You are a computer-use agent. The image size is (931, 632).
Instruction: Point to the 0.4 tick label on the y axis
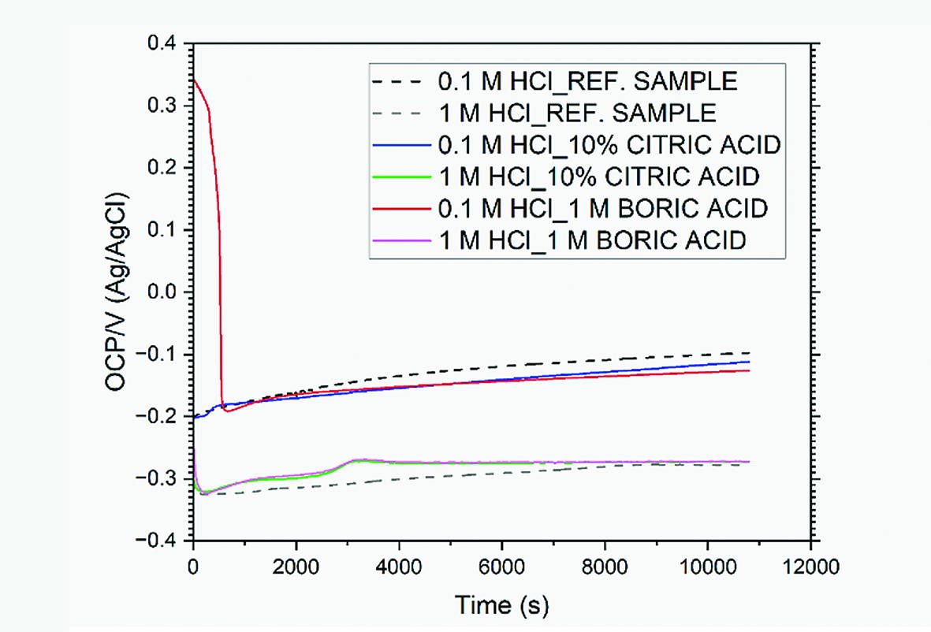[165, 44]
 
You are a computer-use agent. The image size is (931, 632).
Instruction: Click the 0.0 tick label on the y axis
[165, 292]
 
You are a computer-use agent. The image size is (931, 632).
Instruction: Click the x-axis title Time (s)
[501, 605]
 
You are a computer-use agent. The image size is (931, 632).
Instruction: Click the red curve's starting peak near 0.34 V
[194, 80]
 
